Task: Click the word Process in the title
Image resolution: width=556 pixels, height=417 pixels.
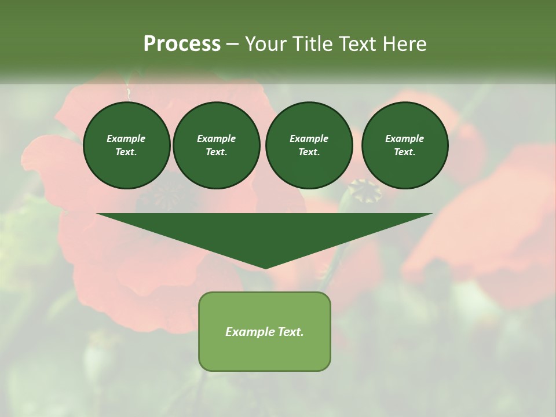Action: (182, 44)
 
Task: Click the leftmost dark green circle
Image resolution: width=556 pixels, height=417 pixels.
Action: (126, 145)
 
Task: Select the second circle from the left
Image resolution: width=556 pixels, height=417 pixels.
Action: (216, 145)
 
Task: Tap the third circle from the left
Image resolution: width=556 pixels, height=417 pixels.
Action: (309, 145)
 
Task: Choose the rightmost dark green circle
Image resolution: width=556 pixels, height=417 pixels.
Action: (404, 145)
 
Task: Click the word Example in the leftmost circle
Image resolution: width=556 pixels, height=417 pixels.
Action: (126, 138)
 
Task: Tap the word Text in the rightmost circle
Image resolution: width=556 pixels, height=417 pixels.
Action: (404, 152)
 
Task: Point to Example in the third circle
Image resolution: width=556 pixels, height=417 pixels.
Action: (309, 138)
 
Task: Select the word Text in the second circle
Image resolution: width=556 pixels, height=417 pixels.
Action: (216, 152)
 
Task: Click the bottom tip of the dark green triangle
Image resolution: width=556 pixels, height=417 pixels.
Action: (265, 268)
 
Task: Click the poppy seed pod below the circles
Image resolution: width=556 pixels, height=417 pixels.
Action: (364, 191)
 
